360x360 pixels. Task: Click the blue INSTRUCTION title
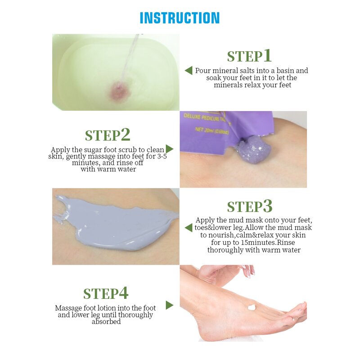click(180, 18)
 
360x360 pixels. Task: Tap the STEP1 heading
click(249, 56)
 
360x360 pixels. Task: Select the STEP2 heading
click(108, 135)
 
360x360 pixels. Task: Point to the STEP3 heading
click(250, 206)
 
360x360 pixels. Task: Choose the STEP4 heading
click(106, 293)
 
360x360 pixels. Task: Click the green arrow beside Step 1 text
click(189, 71)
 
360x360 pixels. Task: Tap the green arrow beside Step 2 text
click(170, 149)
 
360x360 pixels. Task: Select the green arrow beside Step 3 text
click(189, 228)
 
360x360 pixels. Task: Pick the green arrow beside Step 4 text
click(170, 305)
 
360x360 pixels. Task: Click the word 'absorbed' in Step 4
click(106, 322)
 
